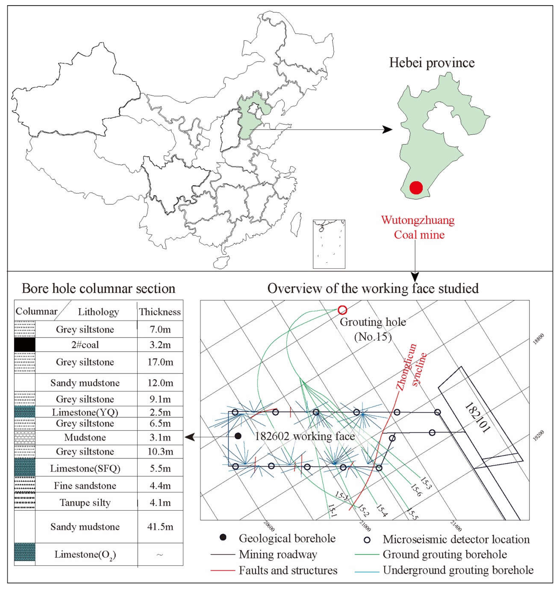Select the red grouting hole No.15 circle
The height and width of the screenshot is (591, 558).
tap(342, 310)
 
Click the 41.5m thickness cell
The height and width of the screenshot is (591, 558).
tap(160, 527)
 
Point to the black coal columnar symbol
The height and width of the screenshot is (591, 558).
tap(25, 344)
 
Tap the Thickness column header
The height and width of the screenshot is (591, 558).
tap(160, 312)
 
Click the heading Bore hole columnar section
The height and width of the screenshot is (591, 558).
tap(99, 288)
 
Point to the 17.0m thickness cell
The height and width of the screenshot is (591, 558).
tap(160, 362)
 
